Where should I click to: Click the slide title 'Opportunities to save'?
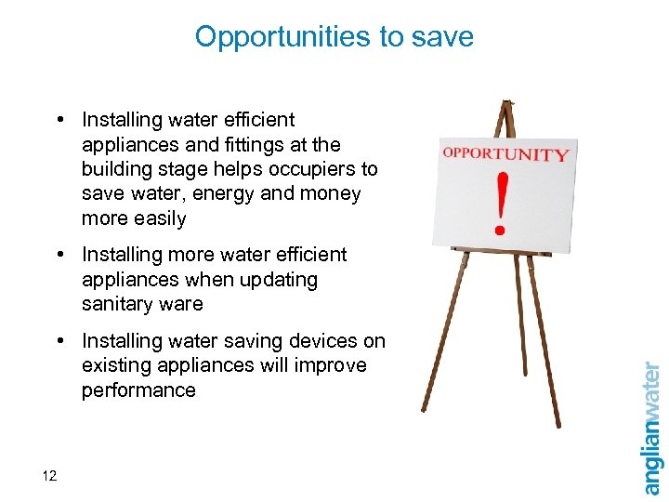334,37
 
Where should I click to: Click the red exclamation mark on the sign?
502,200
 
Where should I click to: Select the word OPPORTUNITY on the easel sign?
505,154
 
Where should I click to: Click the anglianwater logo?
652,428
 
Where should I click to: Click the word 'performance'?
138,390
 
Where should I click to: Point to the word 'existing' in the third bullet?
115,365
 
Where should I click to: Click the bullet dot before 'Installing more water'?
59,255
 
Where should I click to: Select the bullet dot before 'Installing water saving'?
59,341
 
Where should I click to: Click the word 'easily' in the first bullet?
161,219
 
